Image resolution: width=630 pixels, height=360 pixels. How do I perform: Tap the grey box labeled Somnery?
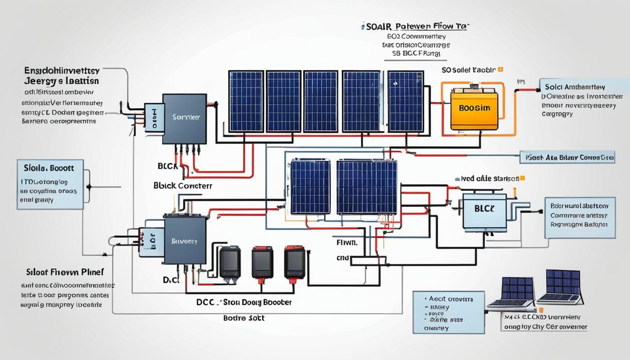coord(184,119)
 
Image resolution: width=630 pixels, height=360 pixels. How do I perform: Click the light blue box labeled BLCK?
coord(484,211)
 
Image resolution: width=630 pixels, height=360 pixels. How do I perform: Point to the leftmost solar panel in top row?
coord(246,101)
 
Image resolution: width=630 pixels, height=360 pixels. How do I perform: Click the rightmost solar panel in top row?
coord(405,101)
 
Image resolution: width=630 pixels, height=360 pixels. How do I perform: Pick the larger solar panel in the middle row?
coord(367,187)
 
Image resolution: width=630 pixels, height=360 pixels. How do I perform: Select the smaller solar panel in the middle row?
coord(310,187)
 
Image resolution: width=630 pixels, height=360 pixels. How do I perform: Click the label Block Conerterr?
coord(183,186)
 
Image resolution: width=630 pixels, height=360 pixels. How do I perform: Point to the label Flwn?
coord(347,243)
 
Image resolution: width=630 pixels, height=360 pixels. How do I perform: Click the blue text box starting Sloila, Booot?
coord(50,184)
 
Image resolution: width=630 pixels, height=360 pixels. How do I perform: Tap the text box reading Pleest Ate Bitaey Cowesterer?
coord(567,157)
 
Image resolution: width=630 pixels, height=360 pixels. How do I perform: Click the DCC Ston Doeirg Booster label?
coord(244,302)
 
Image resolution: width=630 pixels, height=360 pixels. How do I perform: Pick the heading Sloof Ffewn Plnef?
coord(65,272)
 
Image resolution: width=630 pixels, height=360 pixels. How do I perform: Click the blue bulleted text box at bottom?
coord(448,311)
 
